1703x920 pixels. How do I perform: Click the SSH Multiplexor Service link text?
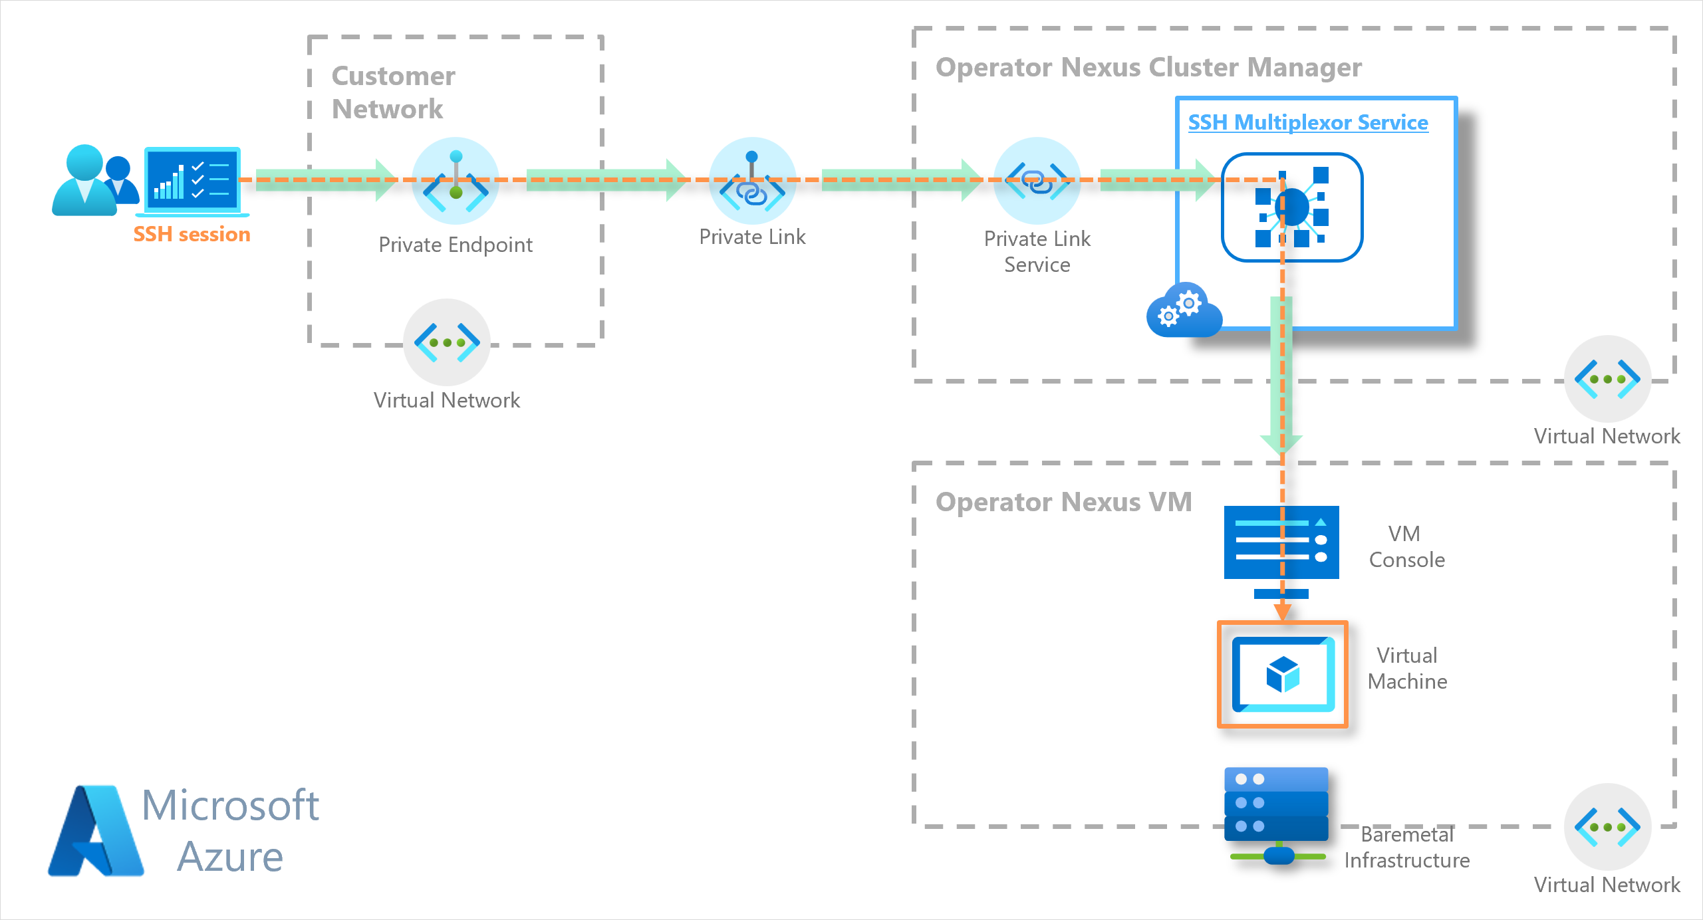pyautogui.click(x=1308, y=122)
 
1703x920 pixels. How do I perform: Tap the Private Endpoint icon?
pyautogui.click(x=456, y=181)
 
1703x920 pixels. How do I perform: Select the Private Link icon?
pyautogui.click(x=752, y=181)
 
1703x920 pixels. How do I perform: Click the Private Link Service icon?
pyautogui.click(x=1037, y=181)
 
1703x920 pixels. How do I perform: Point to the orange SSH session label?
pyautogui.click(x=192, y=234)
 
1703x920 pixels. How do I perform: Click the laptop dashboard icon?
pyautogui.click(x=192, y=181)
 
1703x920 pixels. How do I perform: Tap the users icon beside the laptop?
pyautogui.click(x=95, y=180)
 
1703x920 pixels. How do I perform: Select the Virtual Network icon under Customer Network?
pyautogui.click(x=447, y=342)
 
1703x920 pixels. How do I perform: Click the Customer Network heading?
pyautogui.click(x=393, y=92)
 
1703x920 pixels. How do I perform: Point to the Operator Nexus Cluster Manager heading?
pyautogui.click(x=1148, y=67)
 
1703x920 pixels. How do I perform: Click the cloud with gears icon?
pyautogui.click(x=1184, y=310)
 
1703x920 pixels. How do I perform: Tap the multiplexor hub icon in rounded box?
pyautogui.click(x=1292, y=207)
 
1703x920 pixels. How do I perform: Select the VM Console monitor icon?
pyautogui.click(x=1281, y=552)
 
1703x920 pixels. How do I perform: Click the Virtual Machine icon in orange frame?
pyautogui.click(x=1283, y=674)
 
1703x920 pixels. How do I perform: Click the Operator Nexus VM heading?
pyautogui.click(x=1063, y=502)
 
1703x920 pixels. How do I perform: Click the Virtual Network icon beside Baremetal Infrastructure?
pyautogui.click(x=1607, y=827)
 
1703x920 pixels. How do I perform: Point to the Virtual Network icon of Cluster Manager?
pyautogui.click(x=1607, y=379)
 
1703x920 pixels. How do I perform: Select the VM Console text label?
pyautogui.click(x=1406, y=546)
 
